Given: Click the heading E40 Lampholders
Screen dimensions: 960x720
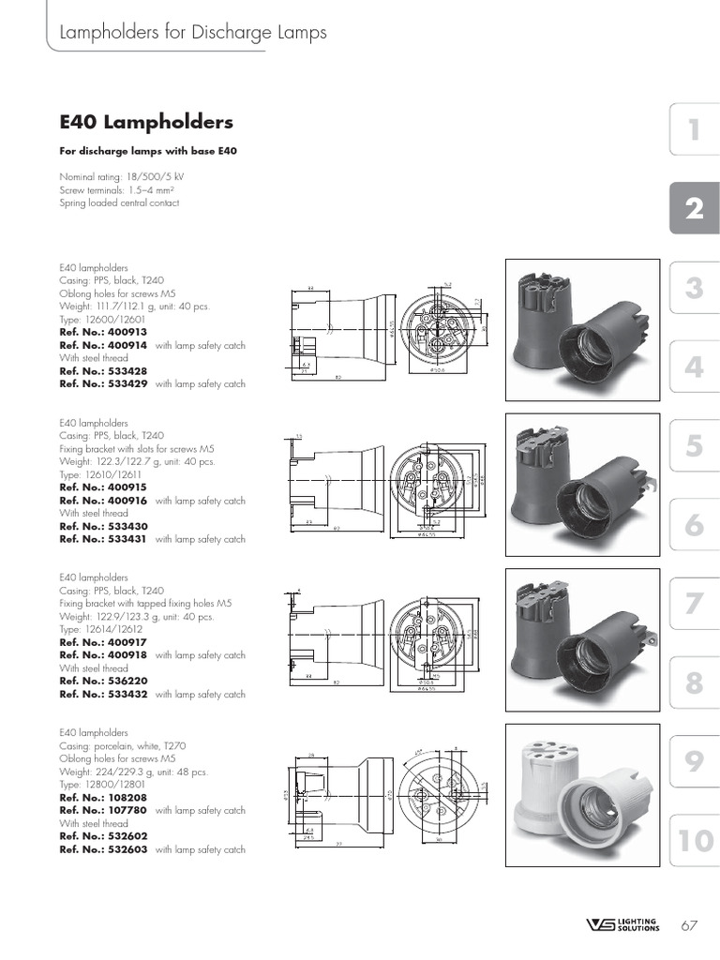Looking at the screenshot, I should pos(146,123).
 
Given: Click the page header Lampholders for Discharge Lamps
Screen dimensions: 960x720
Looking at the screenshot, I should pos(193,33).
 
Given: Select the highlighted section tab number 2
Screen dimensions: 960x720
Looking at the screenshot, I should pos(694,209).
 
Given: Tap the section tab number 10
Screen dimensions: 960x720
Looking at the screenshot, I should pos(694,841).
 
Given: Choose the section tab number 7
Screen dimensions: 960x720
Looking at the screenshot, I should pos(694,605).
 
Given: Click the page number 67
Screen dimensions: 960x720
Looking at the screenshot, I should pos(689,926).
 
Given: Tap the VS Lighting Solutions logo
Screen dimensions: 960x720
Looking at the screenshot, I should pos(622,925).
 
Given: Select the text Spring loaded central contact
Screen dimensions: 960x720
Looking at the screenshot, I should pos(119,202).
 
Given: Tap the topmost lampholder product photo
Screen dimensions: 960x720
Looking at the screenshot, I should pos(578,328).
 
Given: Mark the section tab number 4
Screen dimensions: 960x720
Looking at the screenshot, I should pos(694,367).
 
